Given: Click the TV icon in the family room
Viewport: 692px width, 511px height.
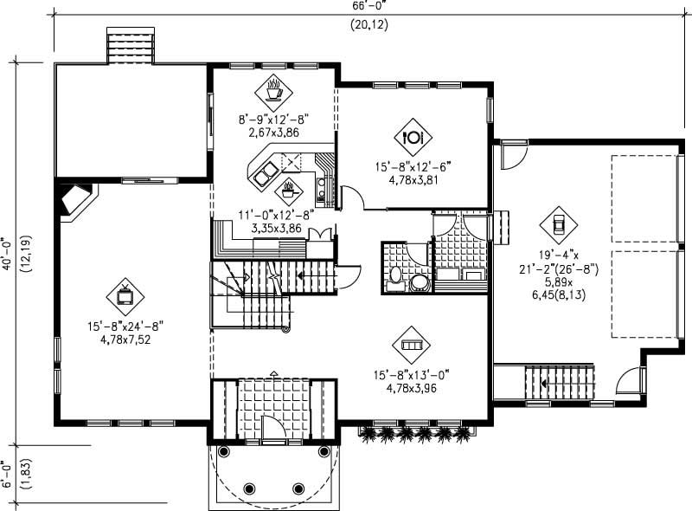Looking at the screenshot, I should coord(125,296).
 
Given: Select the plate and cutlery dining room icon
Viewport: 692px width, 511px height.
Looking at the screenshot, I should coord(413,136).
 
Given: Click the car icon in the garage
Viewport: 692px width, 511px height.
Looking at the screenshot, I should coord(559,224).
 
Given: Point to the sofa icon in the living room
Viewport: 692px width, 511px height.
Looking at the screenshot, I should coord(411,346).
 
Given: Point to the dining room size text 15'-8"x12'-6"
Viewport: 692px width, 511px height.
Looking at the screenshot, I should coord(413,166).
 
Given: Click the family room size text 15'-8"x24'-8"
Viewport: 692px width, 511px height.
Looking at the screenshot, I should coord(125,327).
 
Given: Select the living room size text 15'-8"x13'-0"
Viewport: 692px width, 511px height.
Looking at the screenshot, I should coord(411,374).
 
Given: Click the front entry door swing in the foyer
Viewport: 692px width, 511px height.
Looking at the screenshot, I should coord(273,428).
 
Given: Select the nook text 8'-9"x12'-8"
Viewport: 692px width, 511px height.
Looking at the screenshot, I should coord(274,118).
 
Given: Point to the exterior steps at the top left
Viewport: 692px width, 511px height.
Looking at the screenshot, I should coord(130,45).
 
